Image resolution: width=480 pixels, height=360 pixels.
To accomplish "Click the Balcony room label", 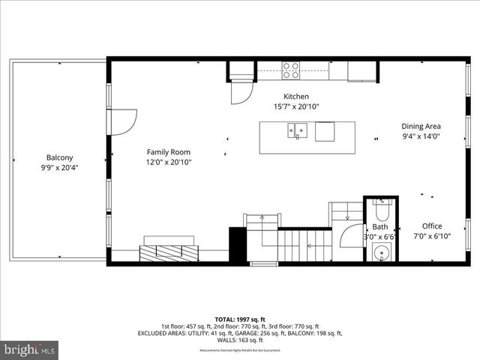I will click(x=60, y=157).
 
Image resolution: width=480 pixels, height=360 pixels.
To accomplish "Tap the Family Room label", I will click(x=169, y=152).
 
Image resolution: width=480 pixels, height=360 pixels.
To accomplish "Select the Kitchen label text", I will click(x=296, y=97).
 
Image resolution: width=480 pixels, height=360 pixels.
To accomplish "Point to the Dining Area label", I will click(x=421, y=127).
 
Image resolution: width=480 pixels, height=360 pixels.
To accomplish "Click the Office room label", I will click(x=431, y=226).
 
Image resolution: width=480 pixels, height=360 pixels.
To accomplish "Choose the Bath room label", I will click(x=380, y=226).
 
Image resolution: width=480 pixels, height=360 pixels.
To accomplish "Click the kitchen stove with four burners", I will click(x=291, y=70).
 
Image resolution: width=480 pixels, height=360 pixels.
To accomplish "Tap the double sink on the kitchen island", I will click(x=298, y=132).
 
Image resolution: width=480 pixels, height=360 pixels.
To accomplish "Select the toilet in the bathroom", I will click(x=381, y=205).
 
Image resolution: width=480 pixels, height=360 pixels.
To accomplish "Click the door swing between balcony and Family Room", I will click(x=124, y=122).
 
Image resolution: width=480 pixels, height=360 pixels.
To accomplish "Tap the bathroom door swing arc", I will click(x=352, y=235).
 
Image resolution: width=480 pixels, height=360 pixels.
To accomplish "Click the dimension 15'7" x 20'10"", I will click(x=296, y=107).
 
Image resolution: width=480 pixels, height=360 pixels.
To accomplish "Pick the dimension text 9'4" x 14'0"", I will click(x=421, y=137).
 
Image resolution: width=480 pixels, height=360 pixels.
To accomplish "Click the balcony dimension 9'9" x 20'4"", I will click(x=60, y=168).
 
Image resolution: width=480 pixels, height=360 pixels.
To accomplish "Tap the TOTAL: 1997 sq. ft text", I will click(x=239, y=319).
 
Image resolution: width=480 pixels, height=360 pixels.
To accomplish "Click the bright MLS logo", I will click(x=30, y=349).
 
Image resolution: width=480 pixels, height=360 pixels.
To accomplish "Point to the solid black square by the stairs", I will click(x=238, y=244).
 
